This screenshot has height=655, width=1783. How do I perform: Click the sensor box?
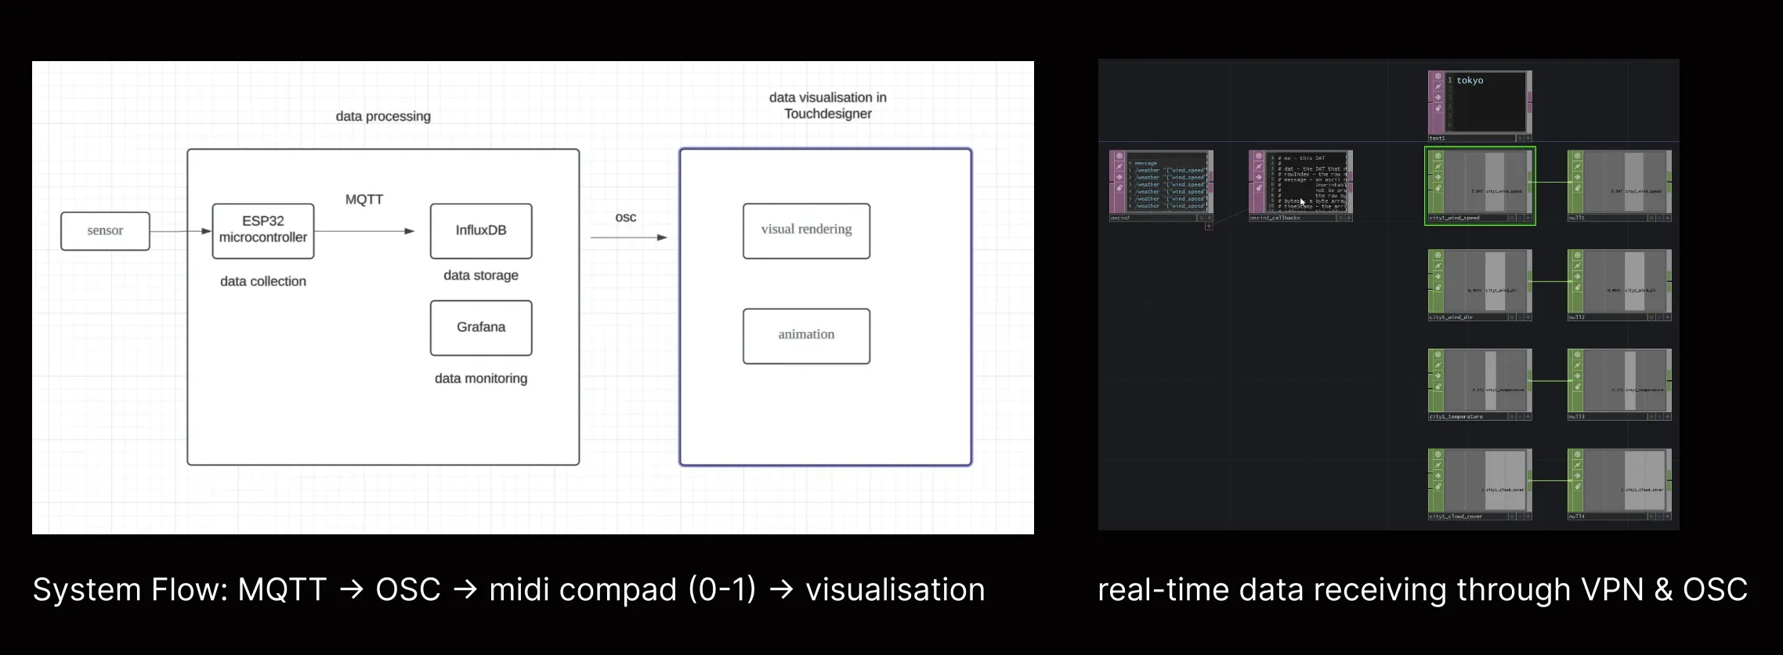point(105,231)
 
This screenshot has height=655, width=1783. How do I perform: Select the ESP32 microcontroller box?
point(263,230)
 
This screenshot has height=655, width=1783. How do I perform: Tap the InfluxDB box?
point(481,230)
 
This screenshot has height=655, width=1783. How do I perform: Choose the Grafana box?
point(481,327)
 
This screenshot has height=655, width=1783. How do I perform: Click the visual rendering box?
point(806,230)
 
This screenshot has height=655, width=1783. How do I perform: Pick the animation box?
point(806,335)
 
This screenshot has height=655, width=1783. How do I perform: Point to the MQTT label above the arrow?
point(364,200)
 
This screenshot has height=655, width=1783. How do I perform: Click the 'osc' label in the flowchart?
point(625,217)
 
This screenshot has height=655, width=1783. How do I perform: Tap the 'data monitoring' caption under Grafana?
point(481,378)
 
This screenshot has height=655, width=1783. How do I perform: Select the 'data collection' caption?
point(263,281)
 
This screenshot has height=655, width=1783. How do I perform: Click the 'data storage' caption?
point(481,275)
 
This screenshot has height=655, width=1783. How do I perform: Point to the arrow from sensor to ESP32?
point(180,231)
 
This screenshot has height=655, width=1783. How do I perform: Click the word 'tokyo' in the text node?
point(1470,81)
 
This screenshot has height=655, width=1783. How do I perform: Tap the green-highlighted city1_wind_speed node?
point(1480,185)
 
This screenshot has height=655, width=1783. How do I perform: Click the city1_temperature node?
point(1480,383)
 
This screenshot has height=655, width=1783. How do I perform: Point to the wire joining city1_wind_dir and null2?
point(1550,281)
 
